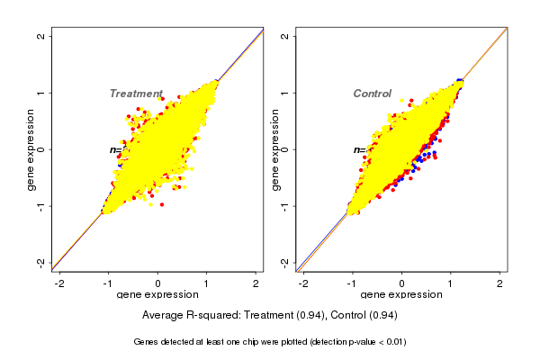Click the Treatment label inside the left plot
point(136,94)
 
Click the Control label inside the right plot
point(372,94)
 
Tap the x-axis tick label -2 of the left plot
point(59,283)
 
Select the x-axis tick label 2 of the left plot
point(256,283)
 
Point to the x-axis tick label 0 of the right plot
point(402,283)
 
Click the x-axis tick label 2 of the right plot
point(500,283)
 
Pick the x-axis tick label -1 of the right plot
point(352,283)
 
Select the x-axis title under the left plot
point(157,295)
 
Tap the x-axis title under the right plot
point(401,295)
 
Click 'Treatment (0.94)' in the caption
point(282,315)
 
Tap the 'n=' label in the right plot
point(358,150)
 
